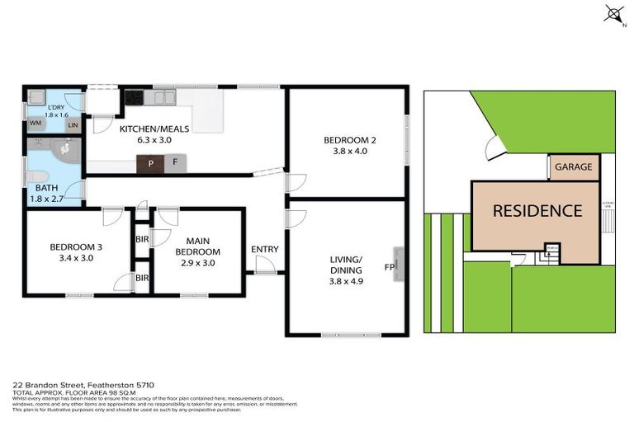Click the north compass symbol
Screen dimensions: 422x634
tap(613, 13)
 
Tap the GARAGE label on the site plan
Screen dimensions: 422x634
tap(573, 167)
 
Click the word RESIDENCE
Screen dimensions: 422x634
tap(537, 210)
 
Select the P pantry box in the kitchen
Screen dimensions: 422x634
tap(151, 163)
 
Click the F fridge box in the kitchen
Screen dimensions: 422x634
tap(175, 163)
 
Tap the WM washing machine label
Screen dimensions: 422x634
tap(35, 123)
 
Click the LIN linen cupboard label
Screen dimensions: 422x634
tap(73, 125)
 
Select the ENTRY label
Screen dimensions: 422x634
tap(264, 250)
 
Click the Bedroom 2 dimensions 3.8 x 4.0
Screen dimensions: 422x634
tap(348, 151)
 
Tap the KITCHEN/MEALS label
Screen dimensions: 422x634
tap(154, 129)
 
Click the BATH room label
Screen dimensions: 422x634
tap(35, 188)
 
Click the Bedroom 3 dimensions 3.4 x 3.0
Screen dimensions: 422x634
tap(76, 258)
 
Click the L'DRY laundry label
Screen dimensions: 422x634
tap(55, 107)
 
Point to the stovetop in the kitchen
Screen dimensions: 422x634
tap(135, 97)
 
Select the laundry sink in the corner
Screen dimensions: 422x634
tap(35, 101)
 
